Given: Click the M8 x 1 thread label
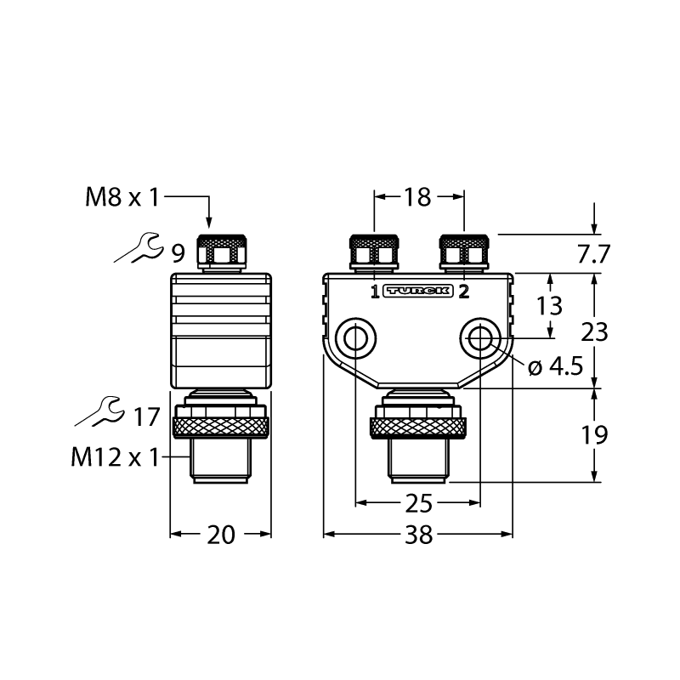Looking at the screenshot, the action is point(122,197).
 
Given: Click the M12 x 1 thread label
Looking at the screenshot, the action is point(116,457).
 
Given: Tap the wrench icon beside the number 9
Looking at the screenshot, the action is point(139,247).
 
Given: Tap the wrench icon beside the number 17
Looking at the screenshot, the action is point(99,411).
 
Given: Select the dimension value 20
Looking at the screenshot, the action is point(221,535).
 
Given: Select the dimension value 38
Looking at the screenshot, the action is point(419,535).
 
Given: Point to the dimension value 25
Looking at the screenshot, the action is point(419,503).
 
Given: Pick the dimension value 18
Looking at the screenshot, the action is point(417,197).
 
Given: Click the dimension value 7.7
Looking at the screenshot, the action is point(593,254).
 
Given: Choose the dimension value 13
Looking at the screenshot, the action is point(549,306).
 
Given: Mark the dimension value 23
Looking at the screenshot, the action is point(594,332).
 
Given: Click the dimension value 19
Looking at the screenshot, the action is point(594,435).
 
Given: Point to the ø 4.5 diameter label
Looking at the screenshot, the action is point(556,368).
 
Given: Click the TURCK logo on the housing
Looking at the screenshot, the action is point(418,292).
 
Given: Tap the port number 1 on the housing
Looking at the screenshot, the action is point(375,292).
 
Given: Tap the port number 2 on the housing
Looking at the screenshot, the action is point(464,292).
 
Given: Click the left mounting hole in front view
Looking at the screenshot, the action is point(355,337).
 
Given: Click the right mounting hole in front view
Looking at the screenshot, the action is point(480,337).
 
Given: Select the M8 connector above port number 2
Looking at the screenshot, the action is point(464,253).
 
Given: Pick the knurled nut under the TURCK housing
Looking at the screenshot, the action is point(418,427).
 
